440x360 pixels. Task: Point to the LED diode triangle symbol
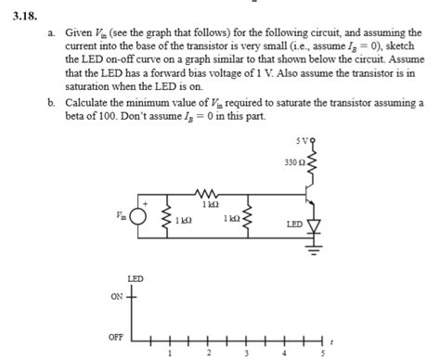pyautogui.click(x=316, y=225)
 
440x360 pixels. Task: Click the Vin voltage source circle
pyautogui.click(x=139, y=217)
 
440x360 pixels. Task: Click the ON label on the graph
pyautogui.click(x=116, y=296)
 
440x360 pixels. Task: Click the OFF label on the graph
pyautogui.click(x=116, y=337)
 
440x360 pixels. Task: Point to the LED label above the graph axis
pyautogui.click(x=135, y=277)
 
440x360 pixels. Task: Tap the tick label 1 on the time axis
pyautogui.click(x=170, y=352)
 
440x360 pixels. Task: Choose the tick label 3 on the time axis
pyautogui.click(x=246, y=352)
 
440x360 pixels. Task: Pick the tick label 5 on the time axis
pyautogui.click(x=322, y=352)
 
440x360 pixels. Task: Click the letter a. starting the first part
pyautogui.click(x=52, y=32)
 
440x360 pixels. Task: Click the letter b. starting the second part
pyautogui.click(x=52, y=104)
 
